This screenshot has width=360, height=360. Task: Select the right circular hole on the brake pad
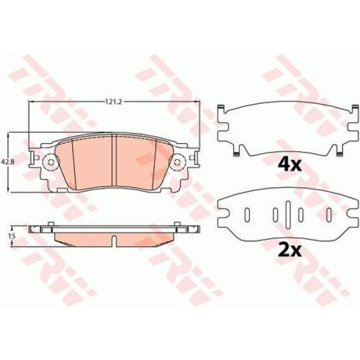point(178,163)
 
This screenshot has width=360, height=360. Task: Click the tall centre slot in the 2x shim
point(288,214)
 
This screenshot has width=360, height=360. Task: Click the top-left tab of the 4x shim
point(222,110)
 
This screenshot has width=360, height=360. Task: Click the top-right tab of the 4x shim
point(353,110)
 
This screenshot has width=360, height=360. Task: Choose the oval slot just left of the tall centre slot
point(274,214)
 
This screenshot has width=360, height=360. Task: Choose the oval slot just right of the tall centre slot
point(302,214)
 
